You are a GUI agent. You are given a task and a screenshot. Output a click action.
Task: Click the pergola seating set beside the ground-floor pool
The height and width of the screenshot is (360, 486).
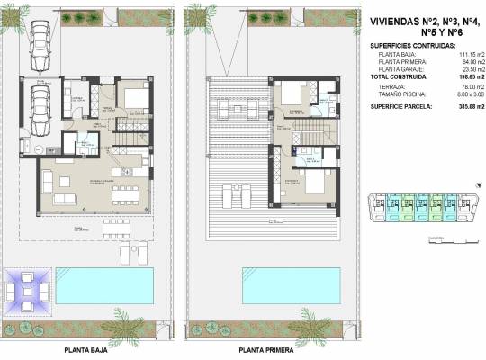coord(28,290)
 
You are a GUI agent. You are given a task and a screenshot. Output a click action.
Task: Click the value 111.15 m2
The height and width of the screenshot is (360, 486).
coord(444,55)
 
